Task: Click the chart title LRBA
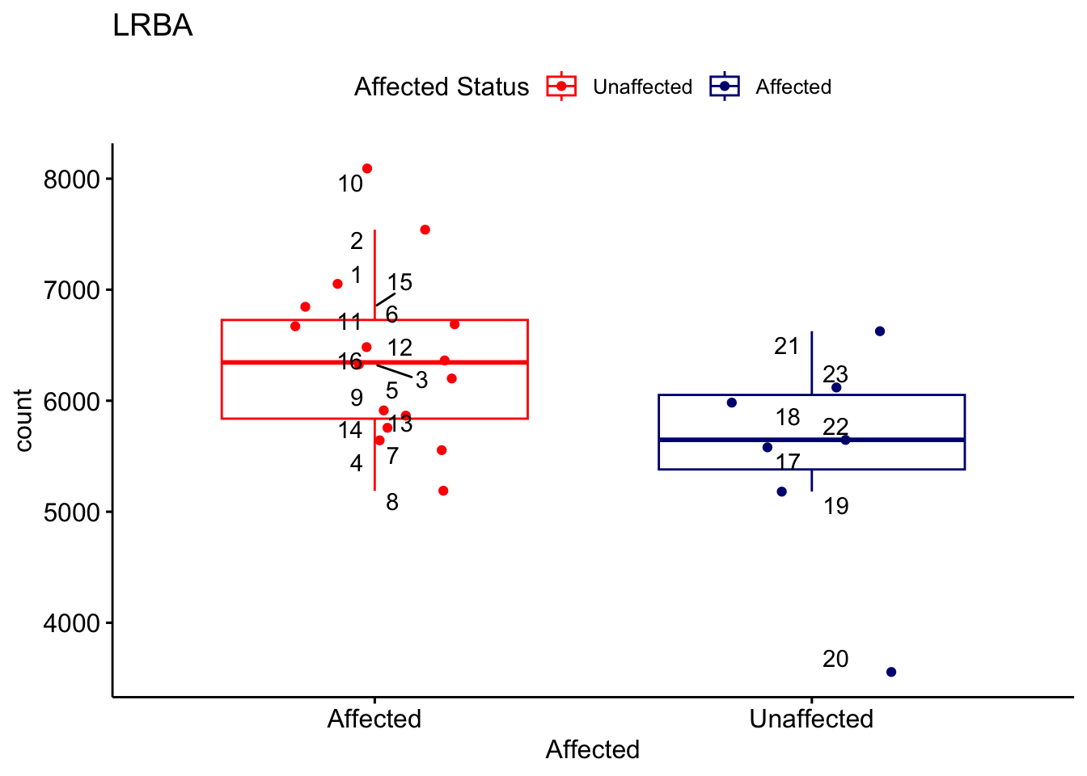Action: click(x=153, y=26)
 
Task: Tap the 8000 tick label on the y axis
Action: click(x=71, y=179)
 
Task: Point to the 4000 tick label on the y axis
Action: click(x=71, y=623)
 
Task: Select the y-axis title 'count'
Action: click(x=23, y=420)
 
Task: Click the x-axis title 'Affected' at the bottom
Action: click(x=592, y=749)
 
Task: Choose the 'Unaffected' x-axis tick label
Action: click(x=811, y=719)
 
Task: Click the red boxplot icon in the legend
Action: click(x=561, y=86)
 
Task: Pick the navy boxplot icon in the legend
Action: click(x=725, y=86)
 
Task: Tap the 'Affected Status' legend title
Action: click(x=442, y=86)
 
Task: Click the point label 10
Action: click(x=350, y=184)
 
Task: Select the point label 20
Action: click(x=835, y=660)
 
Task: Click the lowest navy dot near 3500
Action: click(x=891, y=672)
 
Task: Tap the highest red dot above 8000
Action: click(x=367, y=168)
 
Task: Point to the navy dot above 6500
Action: click(x=880, y=331)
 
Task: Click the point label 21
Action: click(x=786, y=347)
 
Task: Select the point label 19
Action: click(x=836, y=507)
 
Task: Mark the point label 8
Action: click(x=392, y=503)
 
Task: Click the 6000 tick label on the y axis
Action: click(x=71, y=401)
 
